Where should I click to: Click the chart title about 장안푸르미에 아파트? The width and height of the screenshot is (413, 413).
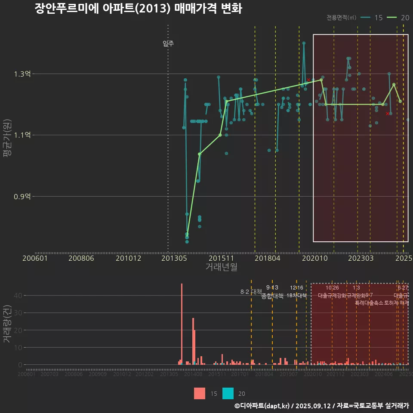point(138,9)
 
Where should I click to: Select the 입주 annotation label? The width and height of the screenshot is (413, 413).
point(168,43)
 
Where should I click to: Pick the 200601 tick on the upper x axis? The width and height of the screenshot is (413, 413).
point(35,259)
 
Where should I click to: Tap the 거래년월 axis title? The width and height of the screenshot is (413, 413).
point(221,267)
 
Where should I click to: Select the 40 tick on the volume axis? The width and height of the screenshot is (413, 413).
point(18,296)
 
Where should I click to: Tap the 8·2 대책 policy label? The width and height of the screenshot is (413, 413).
point(251,292)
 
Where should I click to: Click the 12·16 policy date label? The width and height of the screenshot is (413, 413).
point(296,288)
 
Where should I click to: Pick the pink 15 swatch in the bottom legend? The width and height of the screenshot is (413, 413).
point(200,393)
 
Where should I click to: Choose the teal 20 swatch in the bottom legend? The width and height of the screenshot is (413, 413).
point(228,393)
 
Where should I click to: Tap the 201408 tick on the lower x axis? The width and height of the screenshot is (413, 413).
point(193,375)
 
